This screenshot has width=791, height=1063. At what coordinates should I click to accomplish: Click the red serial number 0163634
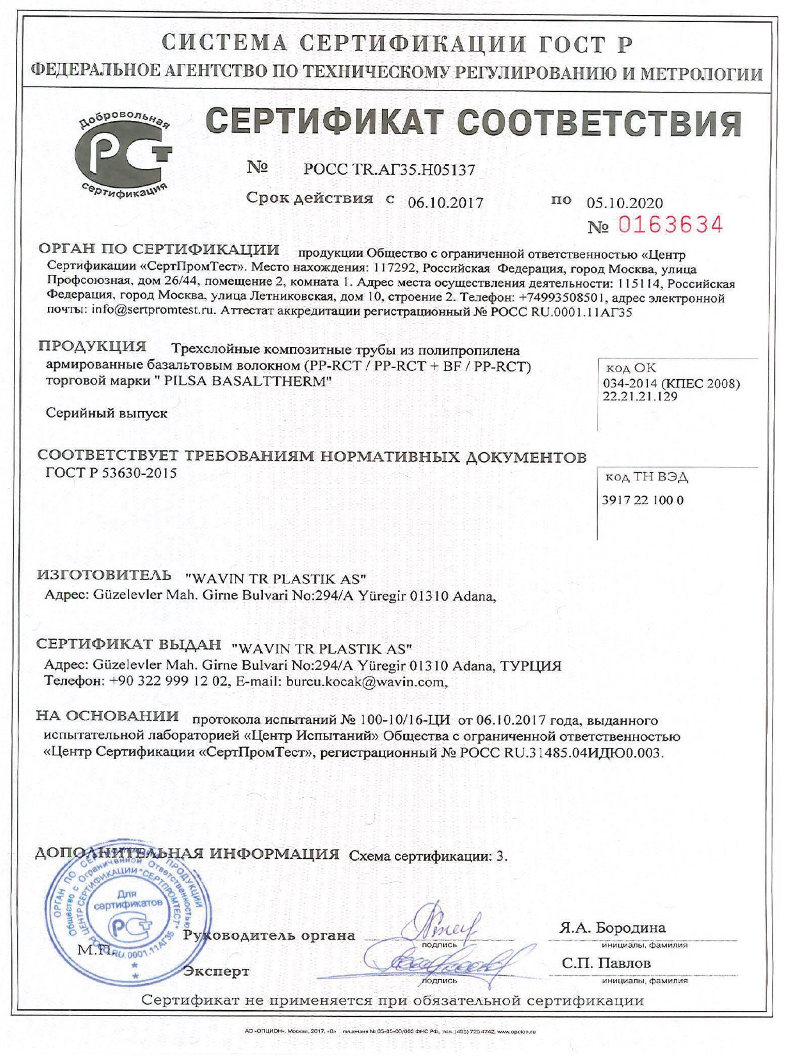pyautogui.click(x=671, y=225)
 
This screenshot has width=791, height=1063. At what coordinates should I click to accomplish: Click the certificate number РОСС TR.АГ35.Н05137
pyautogui.click(x=389, y=169)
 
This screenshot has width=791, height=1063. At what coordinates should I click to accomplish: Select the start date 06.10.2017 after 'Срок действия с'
pyautogui.click(x=445, y=202)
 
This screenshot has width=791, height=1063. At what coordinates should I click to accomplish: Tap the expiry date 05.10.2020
pyautogui.click(x=624, y=203)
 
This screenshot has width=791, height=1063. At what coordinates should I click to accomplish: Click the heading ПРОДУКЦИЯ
pyautogui.click(x=92, y=346)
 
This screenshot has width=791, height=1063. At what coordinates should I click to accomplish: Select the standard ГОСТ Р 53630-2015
pyautogui.click(x=111, y=473)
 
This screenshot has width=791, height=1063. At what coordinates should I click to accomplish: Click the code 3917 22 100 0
pyautogui.click(x=643, y=500)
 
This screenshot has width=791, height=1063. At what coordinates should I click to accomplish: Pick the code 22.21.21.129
pyautogui.click(x=640, y=396)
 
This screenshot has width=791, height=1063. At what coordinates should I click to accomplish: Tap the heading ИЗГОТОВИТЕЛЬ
pyautogui.click(x=104, y=575)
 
